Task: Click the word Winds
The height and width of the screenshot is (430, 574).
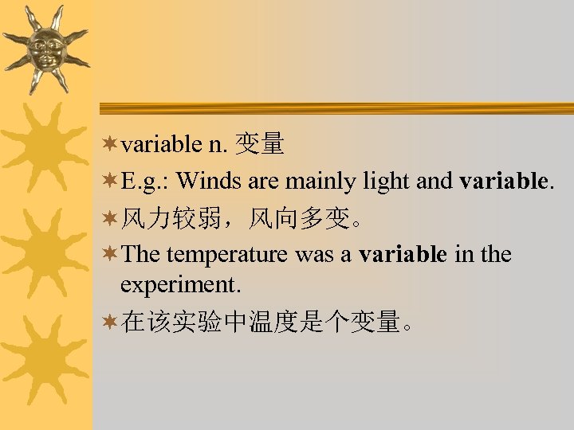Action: point(210,181)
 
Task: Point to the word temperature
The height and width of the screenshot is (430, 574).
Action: point(227,255)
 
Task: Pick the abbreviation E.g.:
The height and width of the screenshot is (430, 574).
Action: point(146,182)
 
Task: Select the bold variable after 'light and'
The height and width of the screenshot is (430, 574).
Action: point(504,181)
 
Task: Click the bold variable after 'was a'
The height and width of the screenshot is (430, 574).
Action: point(403,254)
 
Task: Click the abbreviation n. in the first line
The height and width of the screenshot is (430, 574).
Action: point(218,144)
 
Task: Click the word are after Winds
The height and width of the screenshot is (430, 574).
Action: point(262,182)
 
